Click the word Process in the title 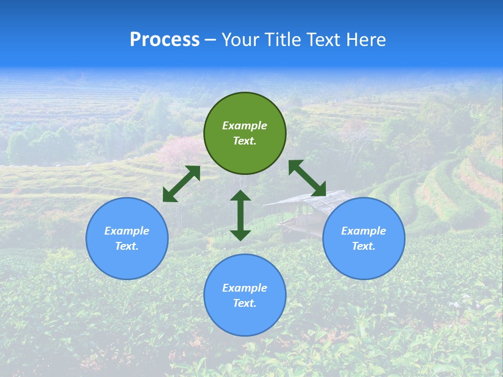point(165,40)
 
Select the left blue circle point(127,257)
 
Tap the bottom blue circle point(245,319)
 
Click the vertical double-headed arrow point(240,215)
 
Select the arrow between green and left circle point(181,184)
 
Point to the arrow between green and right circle point(307,178)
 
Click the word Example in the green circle point(245,126)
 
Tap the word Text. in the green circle point(245,141)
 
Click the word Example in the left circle point(127,231)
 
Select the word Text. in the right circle point(364,246)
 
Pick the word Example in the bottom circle point(245,288)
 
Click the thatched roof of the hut point(304,202)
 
